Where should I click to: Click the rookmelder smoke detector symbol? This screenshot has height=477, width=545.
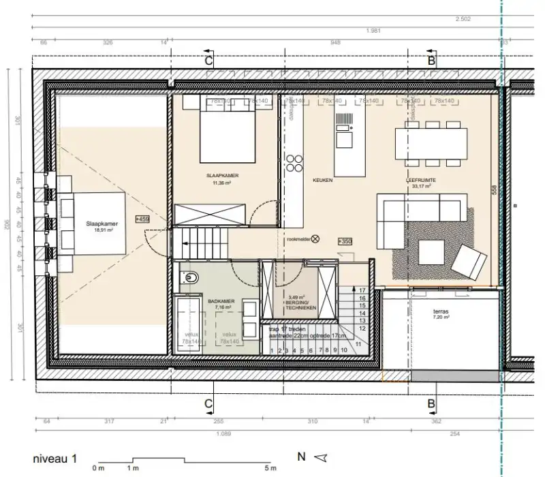pyautogui.click(x=315, y=239)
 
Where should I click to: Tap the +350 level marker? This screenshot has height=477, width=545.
pyautogui.click(x=345, y=241)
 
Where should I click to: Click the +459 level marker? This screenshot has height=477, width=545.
pyautogui.click(x=142, y=219)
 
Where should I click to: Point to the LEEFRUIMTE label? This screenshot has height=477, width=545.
pyautogui.click(x=422, y=181)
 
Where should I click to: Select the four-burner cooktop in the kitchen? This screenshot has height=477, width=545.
pyautogui.click(x=294, y=164)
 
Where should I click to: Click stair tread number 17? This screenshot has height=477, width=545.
pyautogui.click(x=362, y=289)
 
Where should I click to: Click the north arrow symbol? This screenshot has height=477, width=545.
pyautogui.click(x=322, y=457)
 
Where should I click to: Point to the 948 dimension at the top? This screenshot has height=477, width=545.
pyautogui.click(x=335, y=42)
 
